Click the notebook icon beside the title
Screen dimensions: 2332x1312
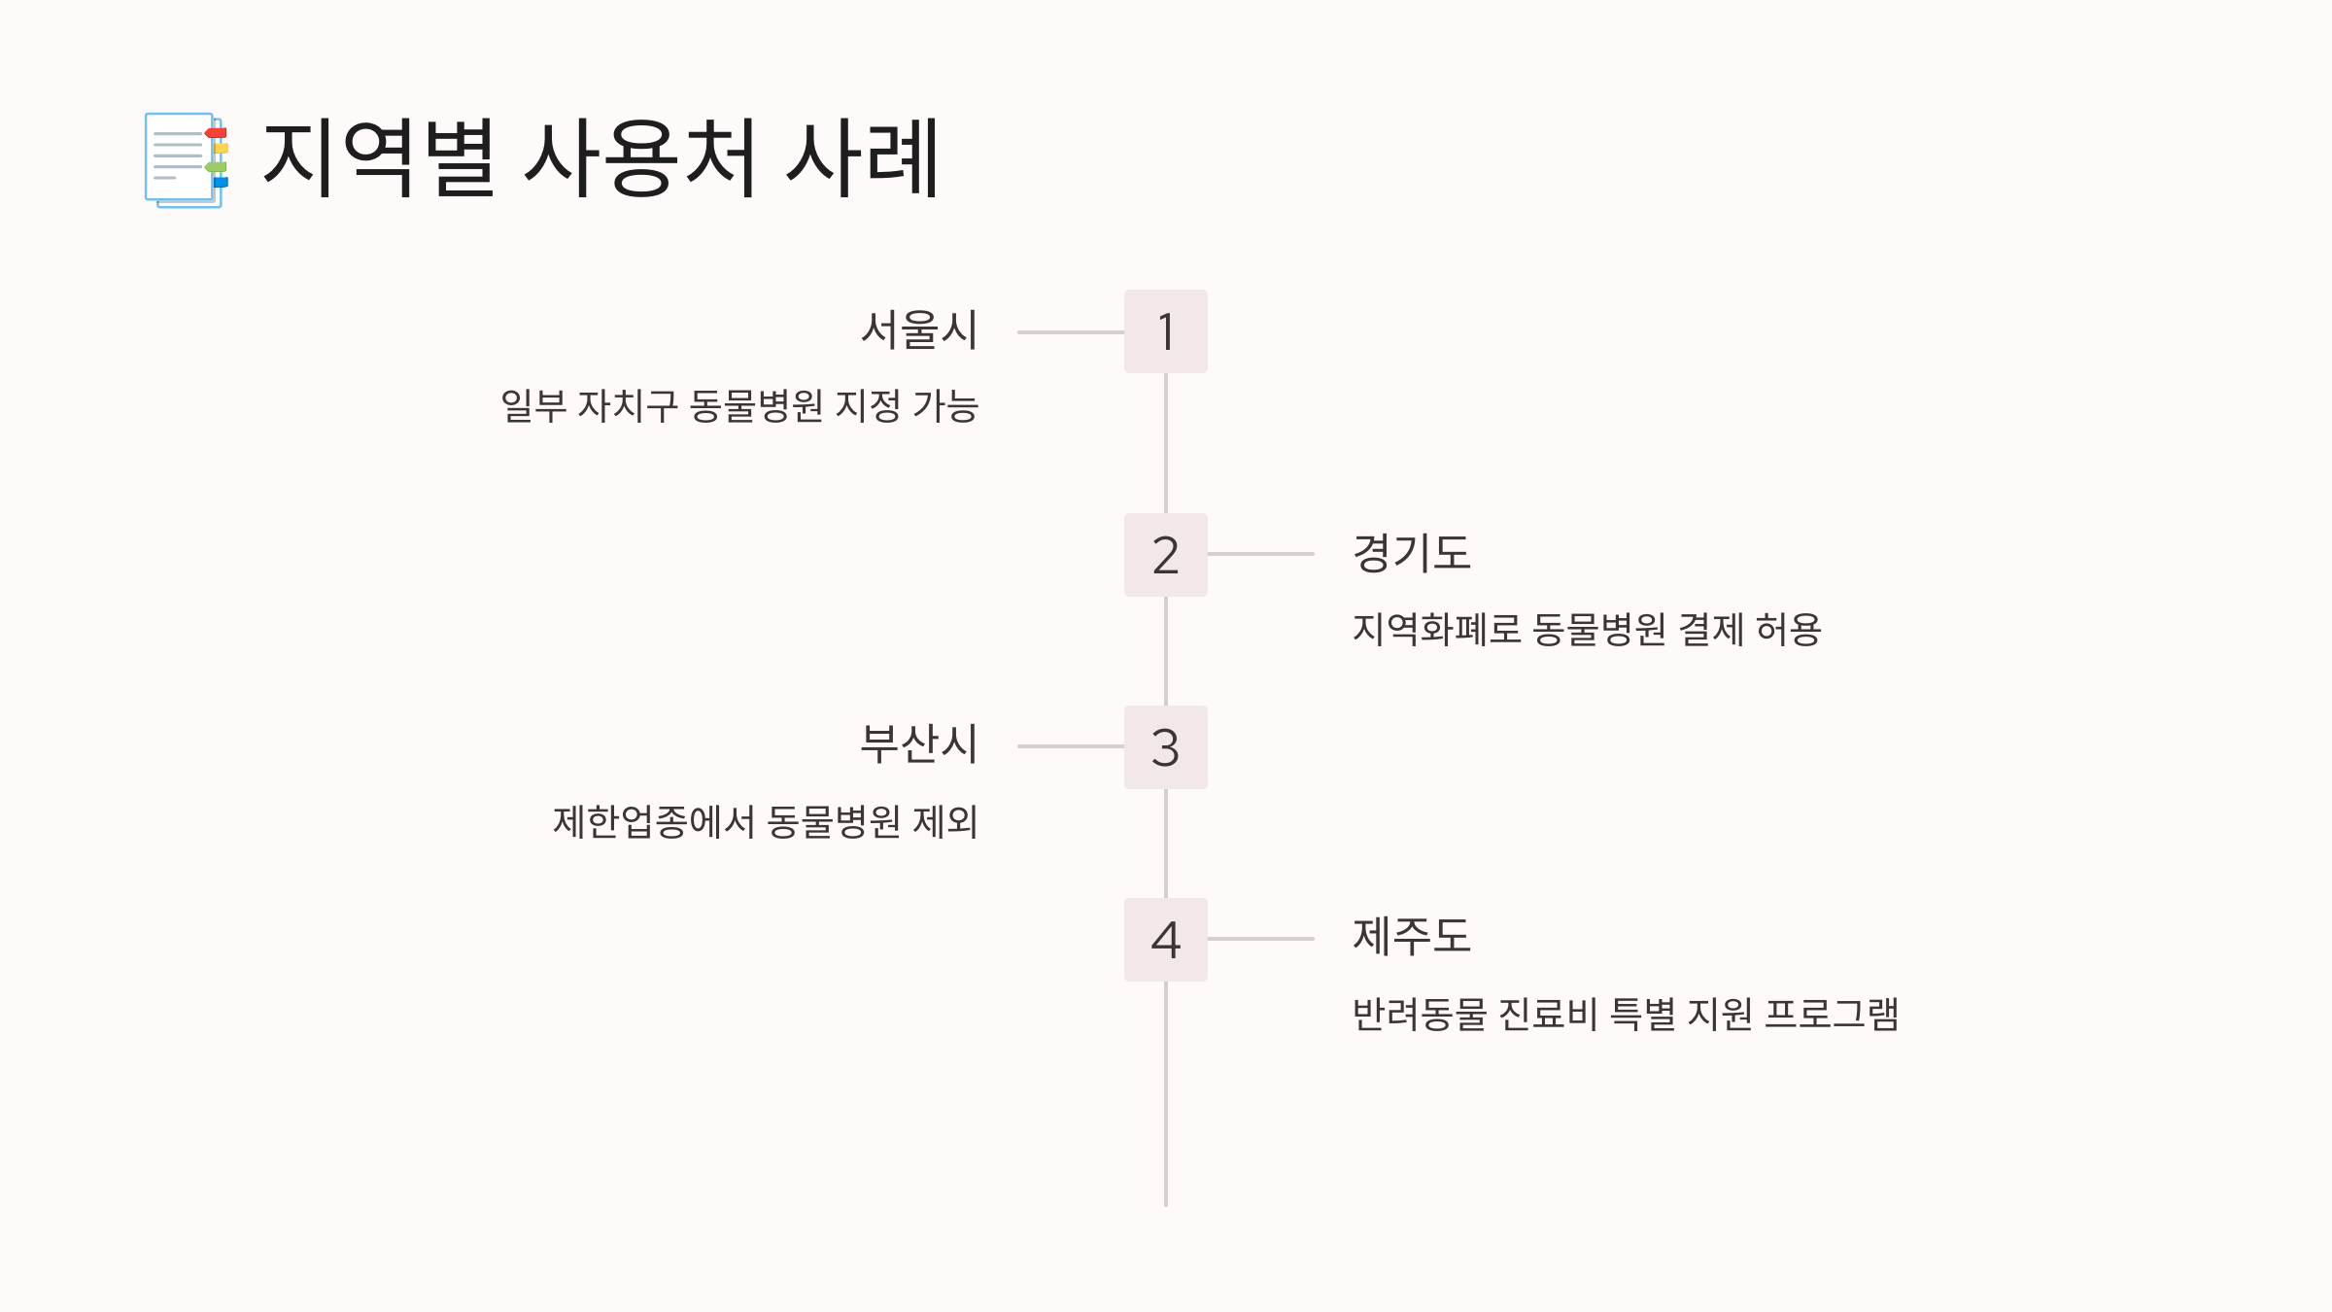click(x=186, y=160)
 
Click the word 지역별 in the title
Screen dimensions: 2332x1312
click(x=379, y=158)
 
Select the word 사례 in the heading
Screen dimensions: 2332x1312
click(x=863, y=158)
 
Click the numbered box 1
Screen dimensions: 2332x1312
click(x=1165, y=331)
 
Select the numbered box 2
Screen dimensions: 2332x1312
click(x=1165, y=555)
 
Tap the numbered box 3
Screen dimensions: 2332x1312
click(x=1165, y=747)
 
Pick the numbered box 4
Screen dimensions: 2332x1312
click(x=1165, y=940)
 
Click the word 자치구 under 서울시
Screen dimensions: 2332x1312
click(x=628, y=406)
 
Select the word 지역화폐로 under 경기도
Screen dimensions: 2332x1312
click(x=1436, y=630)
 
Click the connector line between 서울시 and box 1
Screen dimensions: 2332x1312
click(x=1070, y=332)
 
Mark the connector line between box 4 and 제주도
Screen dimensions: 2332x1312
click(x=1260, y=939)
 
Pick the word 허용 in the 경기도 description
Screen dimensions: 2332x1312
click(x=1789, y=630)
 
